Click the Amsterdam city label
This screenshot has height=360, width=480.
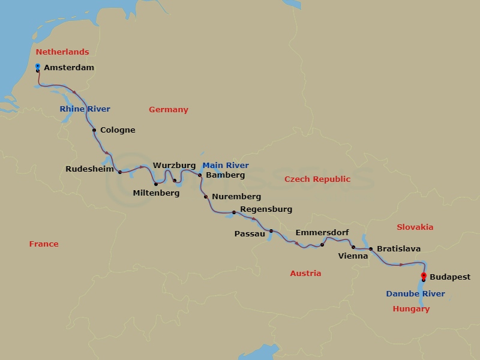69,68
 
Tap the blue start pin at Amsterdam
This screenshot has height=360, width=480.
38,66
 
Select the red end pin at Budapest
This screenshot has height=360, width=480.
424,275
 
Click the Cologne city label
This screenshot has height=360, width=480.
118,130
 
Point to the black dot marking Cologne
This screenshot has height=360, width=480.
94,130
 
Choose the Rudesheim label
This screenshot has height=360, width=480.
90,169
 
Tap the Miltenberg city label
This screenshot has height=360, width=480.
156,193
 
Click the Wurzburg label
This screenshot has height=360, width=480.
174,165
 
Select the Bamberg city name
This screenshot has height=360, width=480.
225,175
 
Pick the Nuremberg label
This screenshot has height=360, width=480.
236,197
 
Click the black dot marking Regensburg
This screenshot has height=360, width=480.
233,212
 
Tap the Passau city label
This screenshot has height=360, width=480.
250,234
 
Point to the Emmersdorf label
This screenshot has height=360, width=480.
322,233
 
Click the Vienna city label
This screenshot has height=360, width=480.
353,256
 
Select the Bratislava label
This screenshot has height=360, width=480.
398,248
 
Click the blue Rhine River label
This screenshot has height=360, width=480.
85,109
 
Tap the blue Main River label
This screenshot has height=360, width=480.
225,166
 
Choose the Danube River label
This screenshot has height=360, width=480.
415,294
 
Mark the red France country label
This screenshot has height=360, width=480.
44,244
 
